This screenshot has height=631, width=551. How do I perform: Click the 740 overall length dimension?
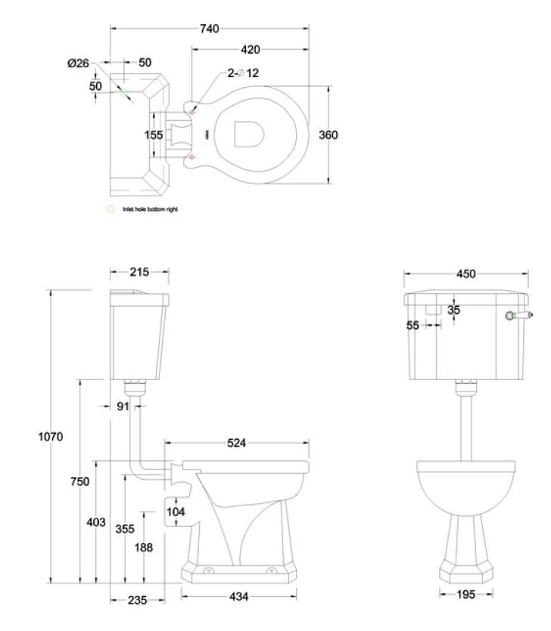point(210,29)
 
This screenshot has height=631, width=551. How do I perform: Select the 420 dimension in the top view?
point(251,50)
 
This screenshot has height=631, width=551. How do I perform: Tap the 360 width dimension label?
point(328,135)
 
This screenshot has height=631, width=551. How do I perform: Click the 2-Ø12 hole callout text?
point(243,73)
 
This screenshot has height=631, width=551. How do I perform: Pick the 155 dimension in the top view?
point(154,135)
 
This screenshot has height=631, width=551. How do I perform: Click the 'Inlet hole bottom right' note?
point(150,209)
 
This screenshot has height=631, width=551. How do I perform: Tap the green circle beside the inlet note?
point(111,209)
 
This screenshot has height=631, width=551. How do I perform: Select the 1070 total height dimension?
point(50,436)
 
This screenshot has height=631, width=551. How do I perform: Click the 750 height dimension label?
point(80,481)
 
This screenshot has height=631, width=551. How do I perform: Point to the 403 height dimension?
point(96,522)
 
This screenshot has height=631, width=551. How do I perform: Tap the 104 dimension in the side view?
point(176,512)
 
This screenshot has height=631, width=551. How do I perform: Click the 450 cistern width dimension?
point(466,274)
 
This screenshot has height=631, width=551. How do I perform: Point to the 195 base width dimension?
point(466,595)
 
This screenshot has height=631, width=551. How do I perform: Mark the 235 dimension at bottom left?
point(138,599)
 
